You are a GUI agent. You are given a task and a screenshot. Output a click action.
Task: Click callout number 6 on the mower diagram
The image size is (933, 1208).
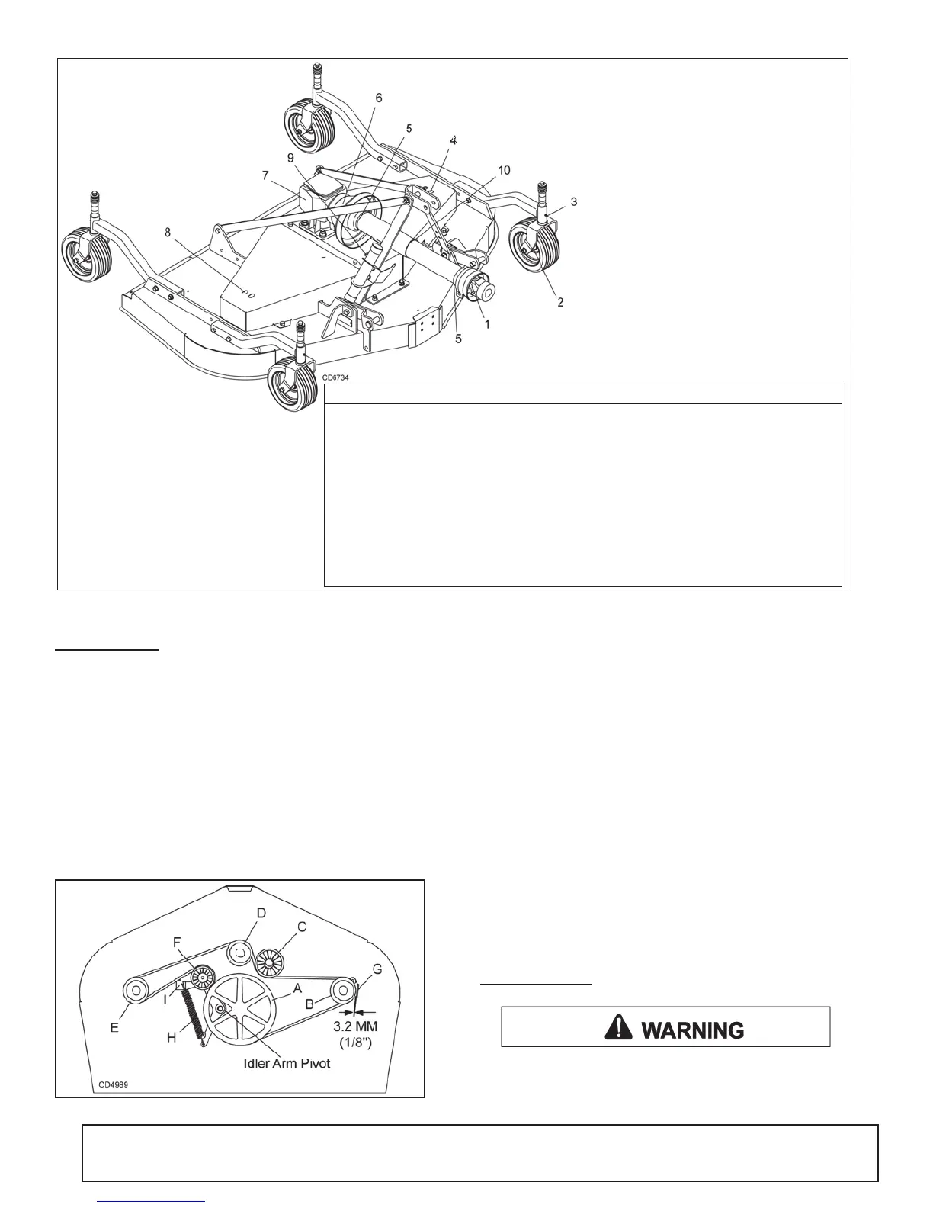click(379, 98)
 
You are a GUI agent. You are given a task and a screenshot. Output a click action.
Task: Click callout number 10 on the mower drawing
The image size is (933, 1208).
click(505, 170)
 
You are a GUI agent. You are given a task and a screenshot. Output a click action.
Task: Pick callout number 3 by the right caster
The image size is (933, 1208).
click(573, 202)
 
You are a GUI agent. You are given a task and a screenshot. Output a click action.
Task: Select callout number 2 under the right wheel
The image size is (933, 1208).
click(560, 303)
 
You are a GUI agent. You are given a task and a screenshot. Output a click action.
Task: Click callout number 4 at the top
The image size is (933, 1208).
click(454, 140)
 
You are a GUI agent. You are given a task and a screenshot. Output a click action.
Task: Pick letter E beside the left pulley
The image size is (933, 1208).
click(115, 1027)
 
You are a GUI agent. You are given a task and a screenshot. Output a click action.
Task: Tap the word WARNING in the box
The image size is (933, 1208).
click(693, 1030)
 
